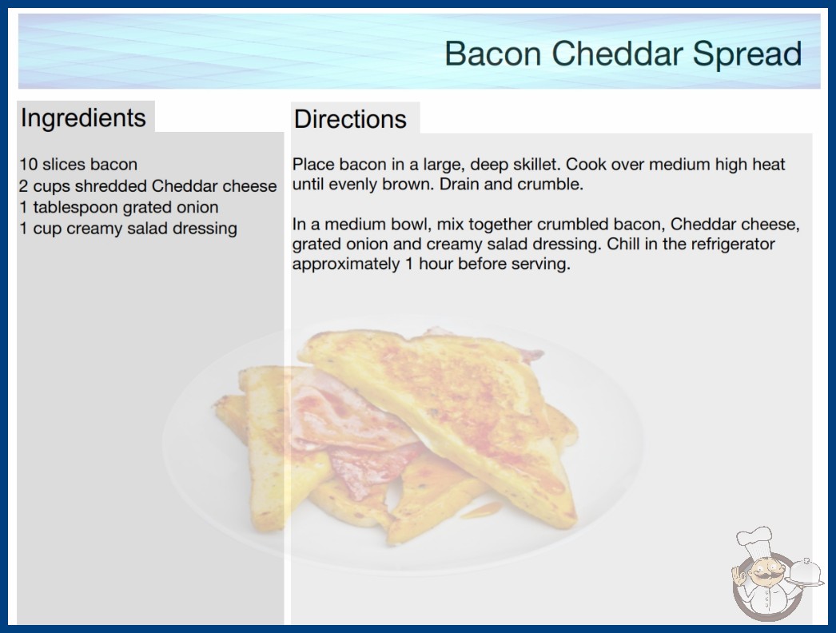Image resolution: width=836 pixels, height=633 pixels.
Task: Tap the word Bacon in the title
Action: point(493,54)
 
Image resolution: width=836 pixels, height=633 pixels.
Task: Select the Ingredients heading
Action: point(83,118)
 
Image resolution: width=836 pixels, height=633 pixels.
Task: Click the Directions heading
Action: point(350,119)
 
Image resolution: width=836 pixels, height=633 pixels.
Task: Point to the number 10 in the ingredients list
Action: point(28,165)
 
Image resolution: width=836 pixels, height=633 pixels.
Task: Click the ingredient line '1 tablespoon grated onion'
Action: point(119,207)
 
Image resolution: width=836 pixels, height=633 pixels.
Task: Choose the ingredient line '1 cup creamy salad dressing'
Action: point(129,229)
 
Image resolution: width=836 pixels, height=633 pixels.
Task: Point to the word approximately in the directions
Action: point(346,264)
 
